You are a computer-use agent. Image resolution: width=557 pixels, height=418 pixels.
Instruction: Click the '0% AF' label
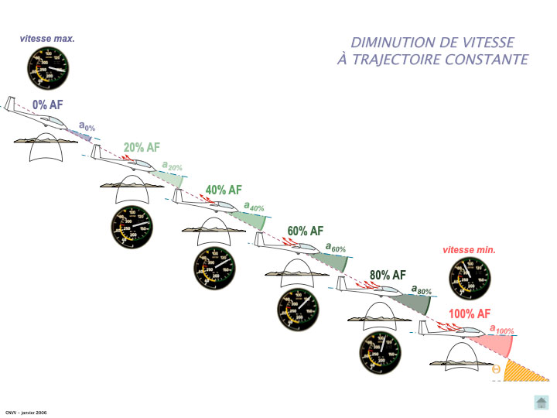click(47, 105)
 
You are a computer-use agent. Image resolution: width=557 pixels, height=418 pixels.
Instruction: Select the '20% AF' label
click(142, 147)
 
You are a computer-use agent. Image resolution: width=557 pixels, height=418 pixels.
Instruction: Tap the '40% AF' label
click(224, 190)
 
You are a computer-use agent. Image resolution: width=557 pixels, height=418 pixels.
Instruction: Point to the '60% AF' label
click(305, 231)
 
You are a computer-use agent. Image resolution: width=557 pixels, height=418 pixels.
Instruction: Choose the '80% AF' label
click(388, 275)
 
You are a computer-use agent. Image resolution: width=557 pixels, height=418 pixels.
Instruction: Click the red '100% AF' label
click(470, 313)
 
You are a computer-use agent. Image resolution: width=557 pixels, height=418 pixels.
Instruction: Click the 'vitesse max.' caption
click(47, 38)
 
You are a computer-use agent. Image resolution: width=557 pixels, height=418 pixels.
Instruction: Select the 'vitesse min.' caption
click(469, 250)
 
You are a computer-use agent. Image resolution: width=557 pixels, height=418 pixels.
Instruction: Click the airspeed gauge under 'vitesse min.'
click(470, 279)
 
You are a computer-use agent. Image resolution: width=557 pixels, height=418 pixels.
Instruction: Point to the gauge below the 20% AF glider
click(132, 226)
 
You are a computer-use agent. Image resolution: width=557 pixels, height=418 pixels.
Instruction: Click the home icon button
click(542, 401)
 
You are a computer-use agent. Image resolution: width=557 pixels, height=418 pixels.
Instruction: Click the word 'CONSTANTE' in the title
click(485, 60)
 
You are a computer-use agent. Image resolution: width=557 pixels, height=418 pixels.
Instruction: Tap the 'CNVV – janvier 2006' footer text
click(26, 413)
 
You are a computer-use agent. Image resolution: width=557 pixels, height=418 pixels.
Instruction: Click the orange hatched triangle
click(523, 372)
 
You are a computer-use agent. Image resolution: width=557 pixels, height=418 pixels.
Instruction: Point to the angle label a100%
click(502, 329)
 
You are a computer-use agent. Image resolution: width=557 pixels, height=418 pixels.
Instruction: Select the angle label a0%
click(87, 125)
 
